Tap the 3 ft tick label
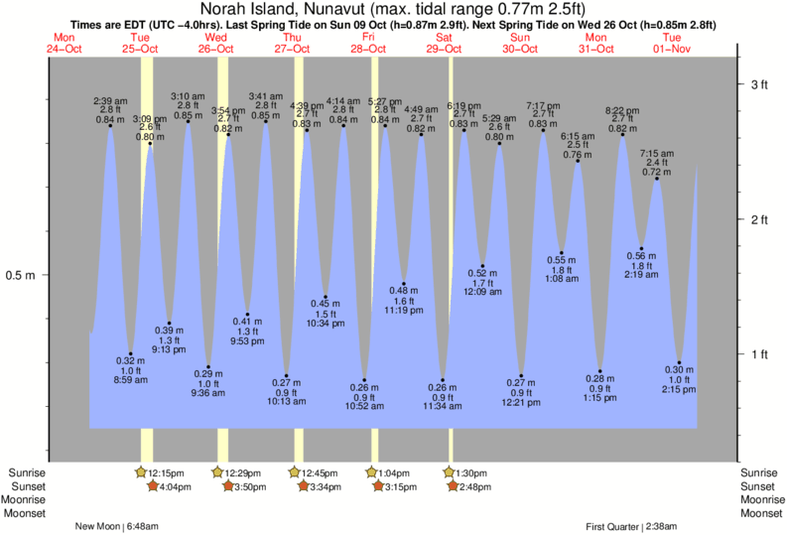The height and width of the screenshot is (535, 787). click(759, 84)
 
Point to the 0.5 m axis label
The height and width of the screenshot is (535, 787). click(21, 275)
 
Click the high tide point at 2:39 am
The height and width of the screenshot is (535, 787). click(110, 126)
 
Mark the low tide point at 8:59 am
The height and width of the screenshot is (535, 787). click(130, 353)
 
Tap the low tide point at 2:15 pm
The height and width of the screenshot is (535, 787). click(679, 363)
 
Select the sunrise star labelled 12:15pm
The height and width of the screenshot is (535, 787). click(141, 472)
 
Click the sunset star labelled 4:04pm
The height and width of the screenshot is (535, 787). click(152, 485)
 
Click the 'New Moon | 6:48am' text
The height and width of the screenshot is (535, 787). click(117, 526)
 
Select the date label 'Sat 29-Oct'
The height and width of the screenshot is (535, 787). click(444, 43)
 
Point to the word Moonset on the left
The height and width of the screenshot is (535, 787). click(24, 513)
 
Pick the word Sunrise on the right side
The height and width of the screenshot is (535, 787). click(761, 472)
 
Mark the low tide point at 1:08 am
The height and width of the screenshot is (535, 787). click(562, 253)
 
